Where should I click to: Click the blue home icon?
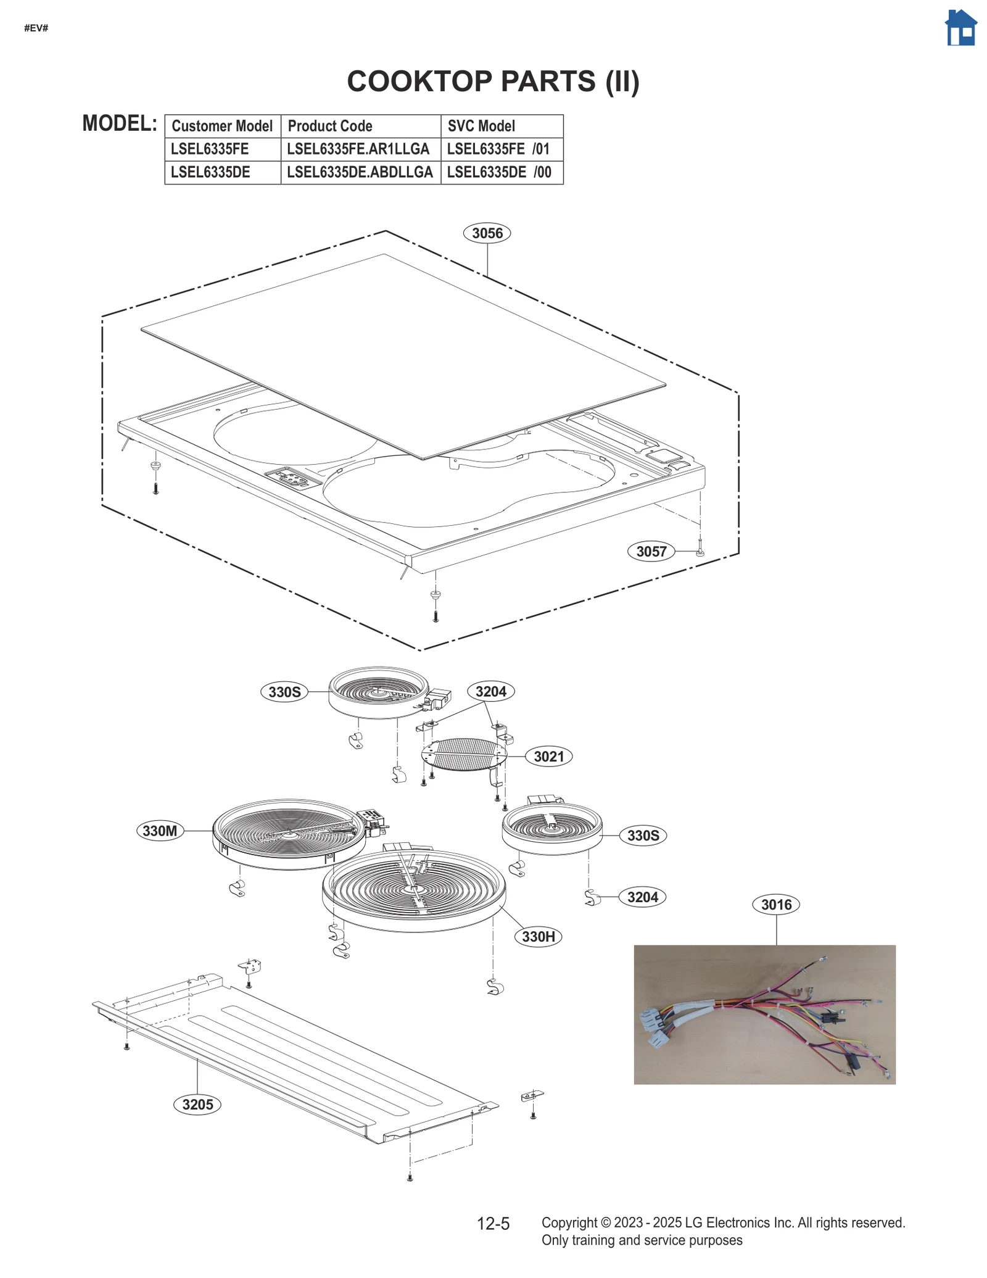pyautogui.click(x=960, y=28)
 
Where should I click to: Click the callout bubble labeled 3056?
pyautogui.click(x=487, y=233)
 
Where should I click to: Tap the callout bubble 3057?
pyautogui.click(x=651, y=551)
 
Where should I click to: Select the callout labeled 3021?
pyautogui.click(x=548, y=757)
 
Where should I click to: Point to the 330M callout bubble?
pyautogui.click(x=160, y=831)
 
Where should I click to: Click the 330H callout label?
pyautogui.click(x=538, y=936)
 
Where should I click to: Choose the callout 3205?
pyautogui.click(x=197, y=1104)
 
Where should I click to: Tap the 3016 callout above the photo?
pyautogui.click(x=775, y=905)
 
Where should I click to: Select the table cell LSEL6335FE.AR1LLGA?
pyautogui.click(x=358, y=149)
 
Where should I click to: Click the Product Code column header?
pyautogui.click(x=330, y=126)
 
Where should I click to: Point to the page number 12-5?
pyautogui.click(x=493, y=1223)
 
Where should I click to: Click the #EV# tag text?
pyautogui.click(x=36, y=28)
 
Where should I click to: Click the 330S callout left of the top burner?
pyautogui.click(x=284, y=692)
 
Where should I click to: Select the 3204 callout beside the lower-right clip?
pyautogui.click(x=642, y=897)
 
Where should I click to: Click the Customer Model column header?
pyautogui.click(x=221, y=126)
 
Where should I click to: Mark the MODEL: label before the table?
pyautogui.click(x=120, y=123)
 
